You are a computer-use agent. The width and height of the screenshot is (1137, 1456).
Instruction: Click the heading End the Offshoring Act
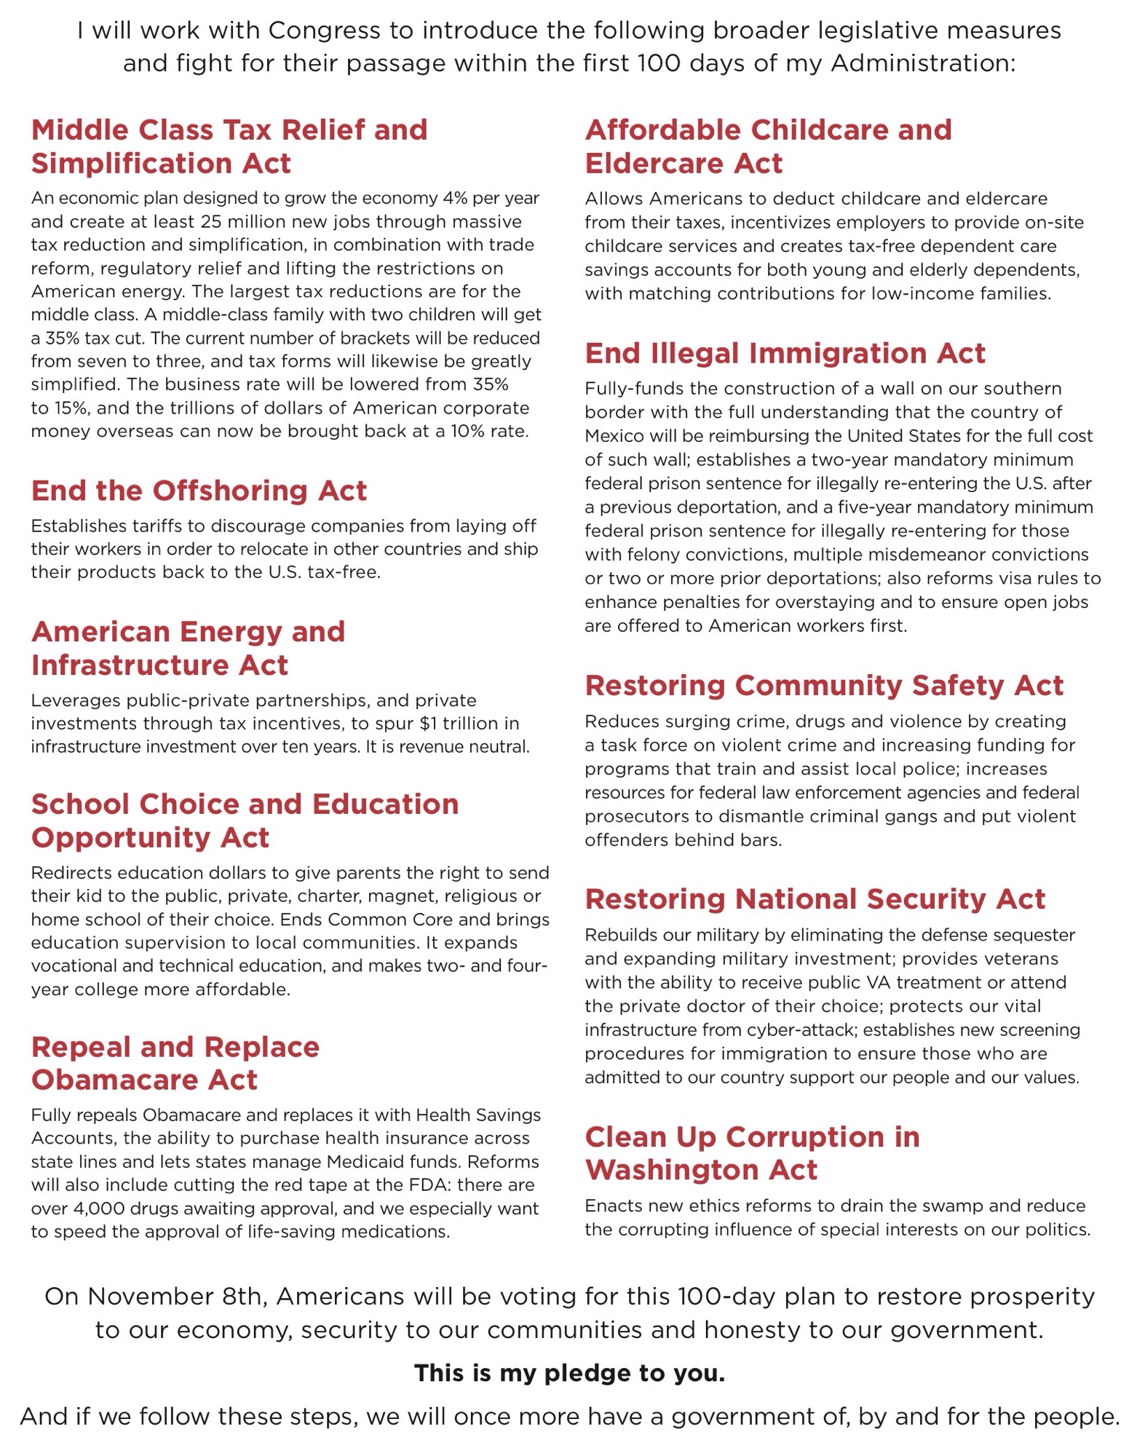tap(199, 491)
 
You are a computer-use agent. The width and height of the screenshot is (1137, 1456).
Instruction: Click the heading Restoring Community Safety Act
tap(824, 686)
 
